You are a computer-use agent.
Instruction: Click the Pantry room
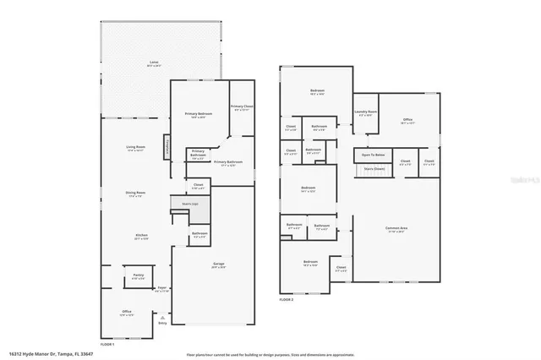coord(137,276)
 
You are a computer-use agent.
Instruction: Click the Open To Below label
coord(373,155)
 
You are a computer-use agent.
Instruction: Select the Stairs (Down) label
coord(374,168)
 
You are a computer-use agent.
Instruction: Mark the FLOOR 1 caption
coord(107,345)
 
